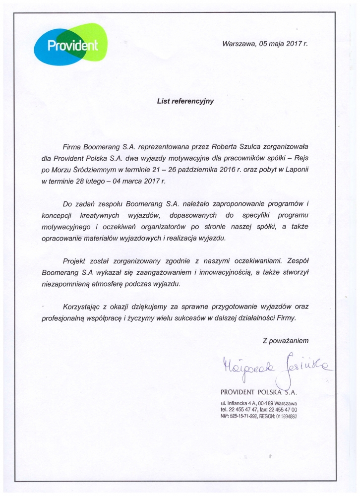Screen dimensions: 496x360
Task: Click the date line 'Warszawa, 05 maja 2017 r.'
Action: coord(265,43)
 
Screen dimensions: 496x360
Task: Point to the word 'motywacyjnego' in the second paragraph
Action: coord(66,227)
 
